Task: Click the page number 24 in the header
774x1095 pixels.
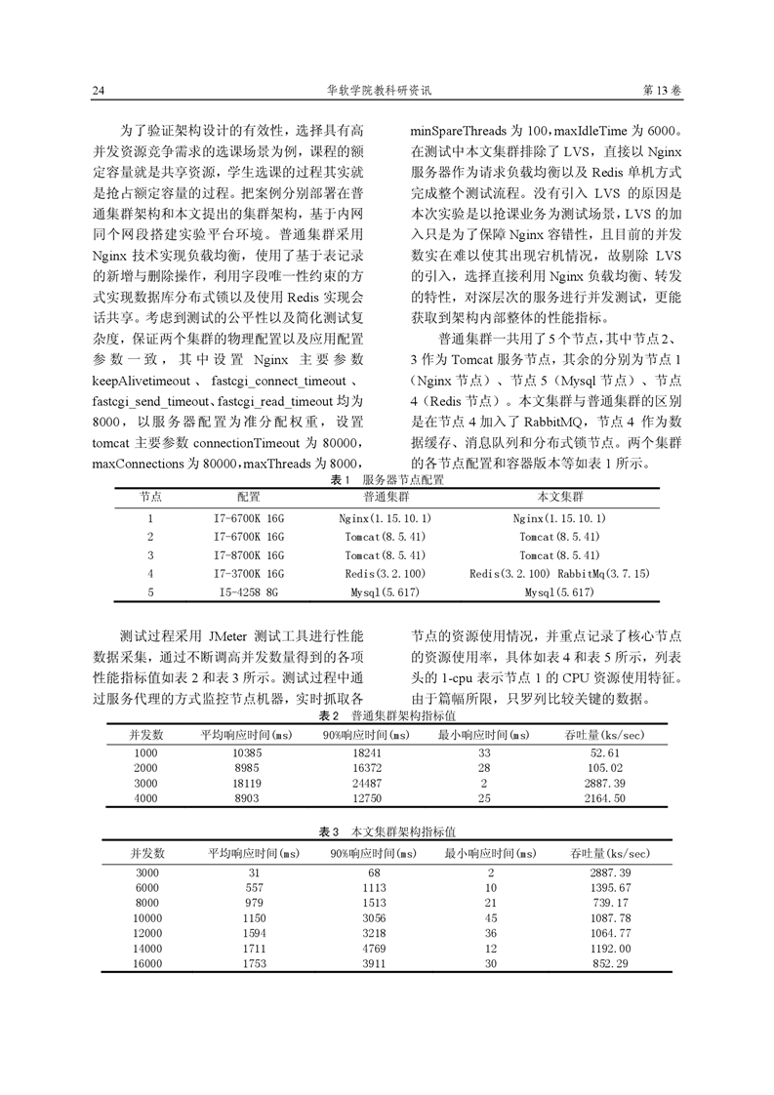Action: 98,91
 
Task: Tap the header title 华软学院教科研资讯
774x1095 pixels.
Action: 387,91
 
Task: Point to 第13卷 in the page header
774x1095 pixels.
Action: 664,91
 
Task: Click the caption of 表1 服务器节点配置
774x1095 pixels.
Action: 387,480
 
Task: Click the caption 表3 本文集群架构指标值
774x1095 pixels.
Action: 387,832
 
